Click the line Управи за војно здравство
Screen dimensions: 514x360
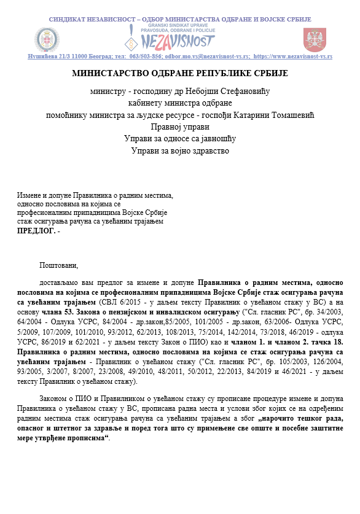tap(179, 150)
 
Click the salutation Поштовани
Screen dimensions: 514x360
tap(59, 266)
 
